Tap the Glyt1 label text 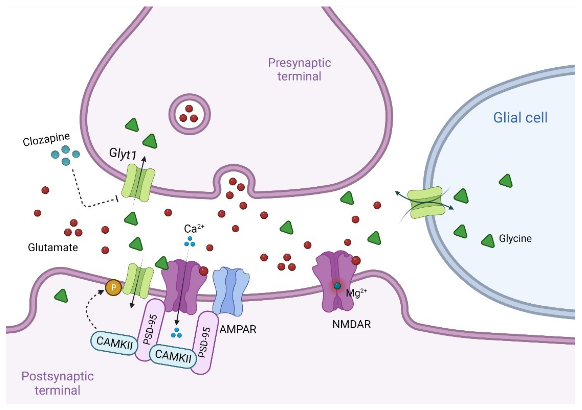(123, 154)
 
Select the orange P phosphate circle (113, 287)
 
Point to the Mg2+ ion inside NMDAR (337, 286)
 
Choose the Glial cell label (520, 118)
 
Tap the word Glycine (515, 238)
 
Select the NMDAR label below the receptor (351, 324)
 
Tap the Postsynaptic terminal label (58, 383)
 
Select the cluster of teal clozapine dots (66, 155)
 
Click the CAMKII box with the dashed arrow (114, 343)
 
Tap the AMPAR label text (238, 329)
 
